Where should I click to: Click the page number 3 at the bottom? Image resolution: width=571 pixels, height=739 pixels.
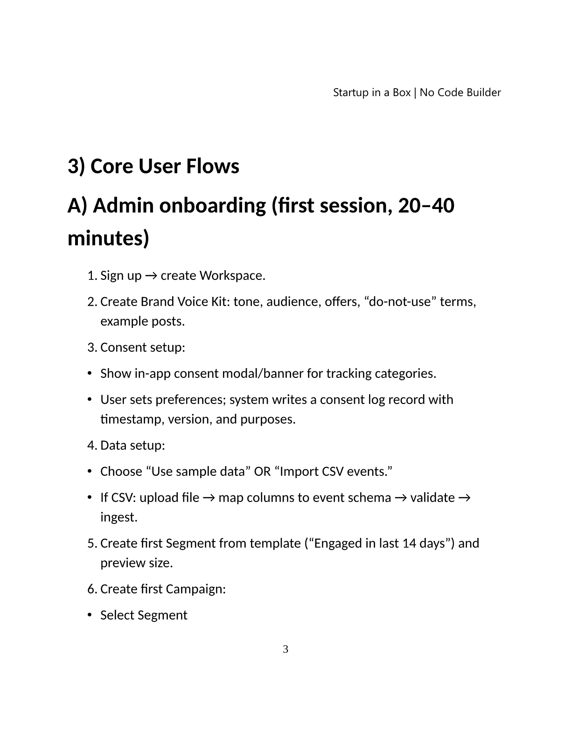coord(285,649)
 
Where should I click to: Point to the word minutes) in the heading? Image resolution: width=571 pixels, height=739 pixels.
coord(108,238)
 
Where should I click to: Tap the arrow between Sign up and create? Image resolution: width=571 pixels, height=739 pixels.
coord(151,276)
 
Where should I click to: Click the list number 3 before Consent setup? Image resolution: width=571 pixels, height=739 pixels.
coord(91,347)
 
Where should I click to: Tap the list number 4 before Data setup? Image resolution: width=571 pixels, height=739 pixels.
coord(91,445)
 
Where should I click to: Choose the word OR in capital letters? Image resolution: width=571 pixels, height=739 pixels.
coord(262,471)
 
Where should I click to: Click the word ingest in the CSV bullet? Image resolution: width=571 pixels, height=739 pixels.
coord(118,517)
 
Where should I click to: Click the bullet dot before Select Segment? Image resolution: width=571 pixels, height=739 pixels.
coord(90,615)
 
